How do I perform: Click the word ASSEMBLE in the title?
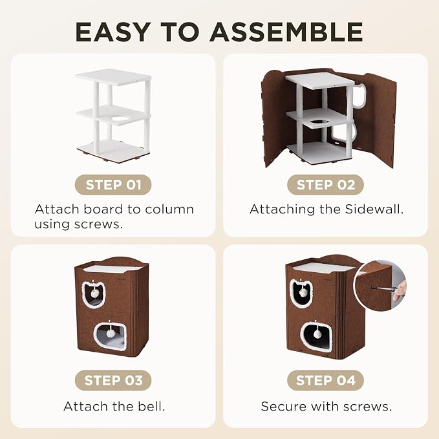tap(286, 32)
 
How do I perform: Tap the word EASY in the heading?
tap(112, 32)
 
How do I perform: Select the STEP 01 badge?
tap(113, 185)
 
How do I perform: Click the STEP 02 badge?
tap(326, 185)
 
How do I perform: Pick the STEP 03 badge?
tap(113, 380)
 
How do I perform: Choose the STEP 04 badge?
tap(326, 380)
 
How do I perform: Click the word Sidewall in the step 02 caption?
tap(374, 209)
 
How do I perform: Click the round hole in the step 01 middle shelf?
tap(120, 119)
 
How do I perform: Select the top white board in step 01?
tap(113, 76)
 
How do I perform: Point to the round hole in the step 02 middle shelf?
tap(319, 123)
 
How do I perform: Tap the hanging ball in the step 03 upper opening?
tap(94, 293)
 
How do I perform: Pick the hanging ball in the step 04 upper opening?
tap(303, 293)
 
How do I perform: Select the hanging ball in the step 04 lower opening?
tap(318, 334)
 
